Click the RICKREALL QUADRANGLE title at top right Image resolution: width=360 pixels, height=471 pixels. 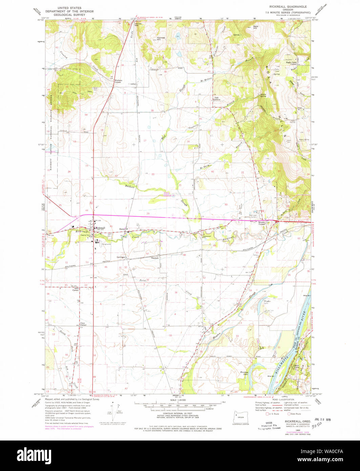pos(288,6)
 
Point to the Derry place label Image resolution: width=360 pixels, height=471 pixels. pos(122,229)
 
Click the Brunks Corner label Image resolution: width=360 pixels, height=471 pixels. pos(262,223)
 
